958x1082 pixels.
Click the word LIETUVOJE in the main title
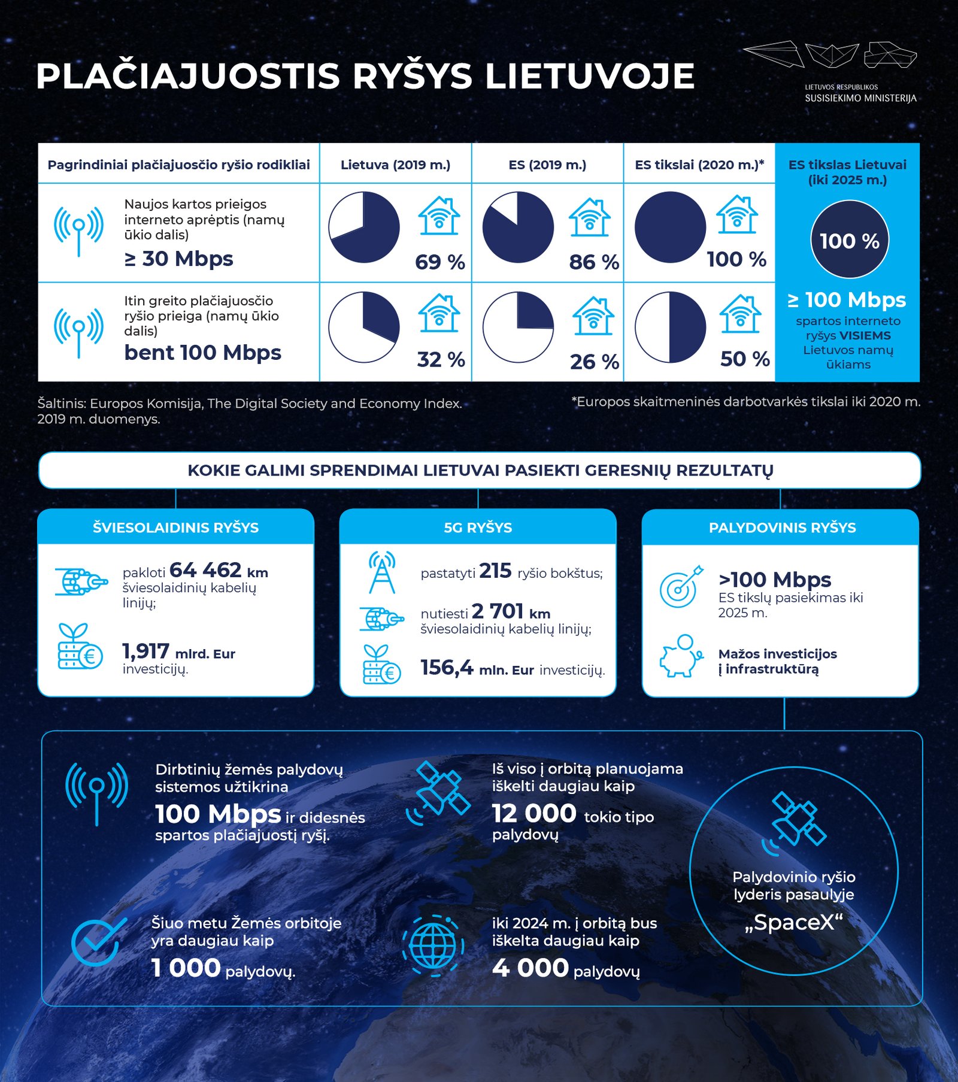589,76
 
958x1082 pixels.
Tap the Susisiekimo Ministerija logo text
860,98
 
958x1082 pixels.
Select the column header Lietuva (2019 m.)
395,165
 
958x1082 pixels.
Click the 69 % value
439,262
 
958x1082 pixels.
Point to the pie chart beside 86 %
518,228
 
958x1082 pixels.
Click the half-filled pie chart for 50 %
670,327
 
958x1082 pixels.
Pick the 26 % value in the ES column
594,362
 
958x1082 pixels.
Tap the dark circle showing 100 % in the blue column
849,240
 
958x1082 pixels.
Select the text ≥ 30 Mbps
178,259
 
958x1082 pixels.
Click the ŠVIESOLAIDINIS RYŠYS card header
175,528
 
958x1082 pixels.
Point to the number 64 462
205,569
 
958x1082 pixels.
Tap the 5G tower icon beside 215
382,572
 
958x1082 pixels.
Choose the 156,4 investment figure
447,667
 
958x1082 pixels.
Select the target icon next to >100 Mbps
681,586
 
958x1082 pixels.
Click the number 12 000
533,814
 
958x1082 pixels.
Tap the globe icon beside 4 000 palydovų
433,946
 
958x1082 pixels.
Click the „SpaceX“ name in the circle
793,923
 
